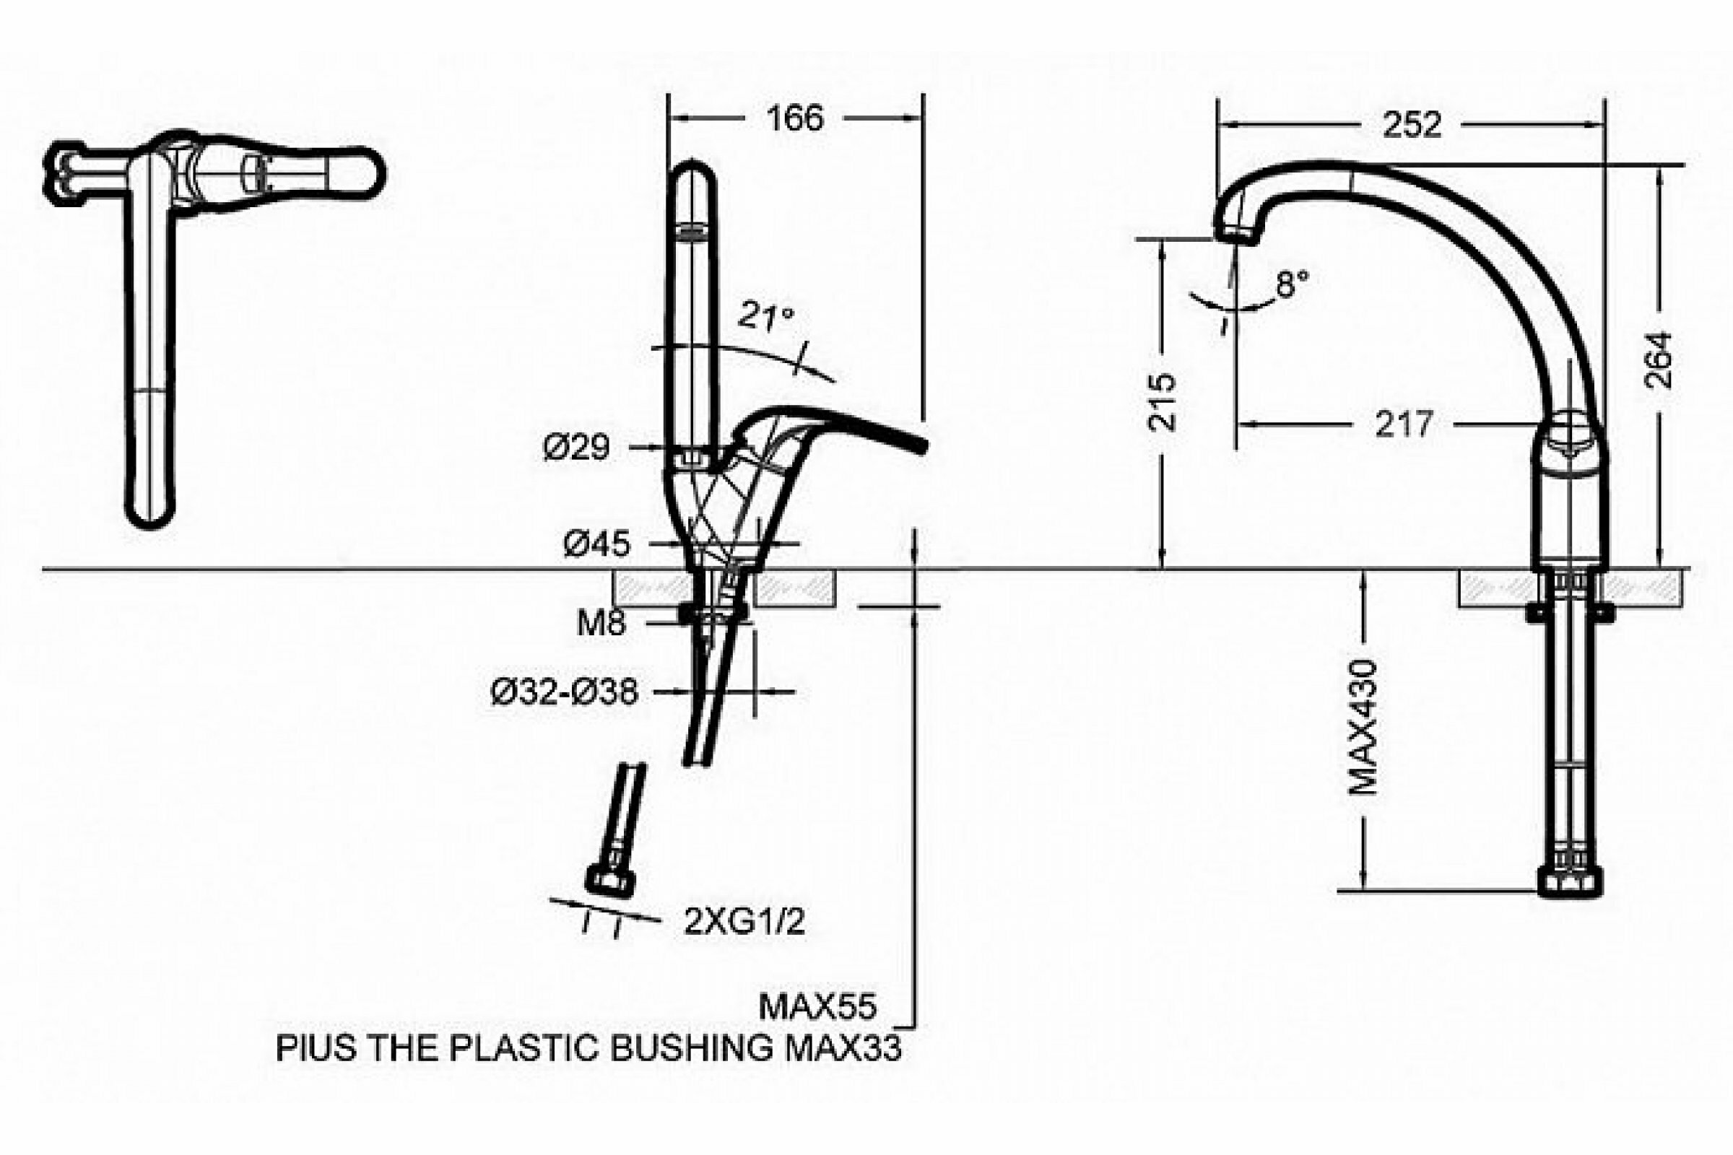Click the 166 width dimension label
tap(795, 119)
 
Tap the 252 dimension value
tap(1411, 125)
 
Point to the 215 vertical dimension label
tap(1163, 403)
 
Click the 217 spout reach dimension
tap(1404, 425)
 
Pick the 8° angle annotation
tap(1293, 284)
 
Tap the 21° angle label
tap(766, 316)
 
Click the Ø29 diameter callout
tap(577, 448)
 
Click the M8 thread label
tap(601, 624)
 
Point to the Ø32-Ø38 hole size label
tap(565, 693)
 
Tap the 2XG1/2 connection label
tap(745, 922)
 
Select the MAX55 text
tap(818, 1007)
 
